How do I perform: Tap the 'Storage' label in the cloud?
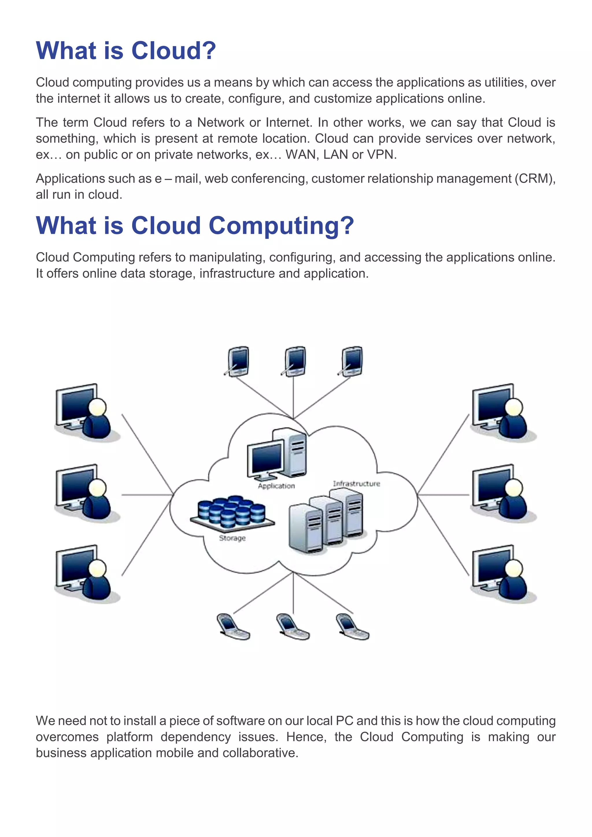[232, 538]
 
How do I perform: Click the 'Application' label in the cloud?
[276, 486]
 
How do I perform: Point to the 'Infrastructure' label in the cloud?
[356, 484]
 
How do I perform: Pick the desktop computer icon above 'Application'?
[277, 454]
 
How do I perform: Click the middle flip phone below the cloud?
[293, 626]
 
